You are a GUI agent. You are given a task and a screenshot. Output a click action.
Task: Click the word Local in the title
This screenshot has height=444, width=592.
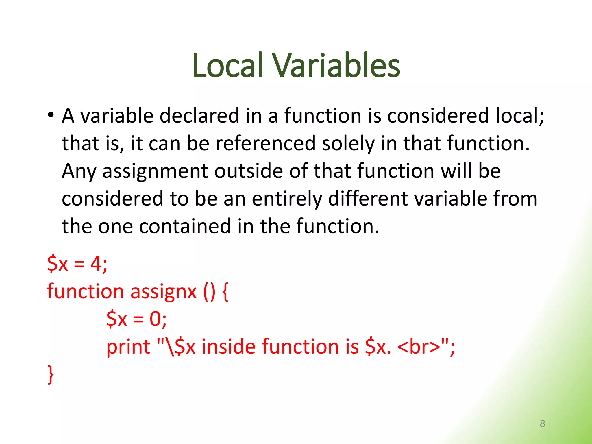pos(227,66)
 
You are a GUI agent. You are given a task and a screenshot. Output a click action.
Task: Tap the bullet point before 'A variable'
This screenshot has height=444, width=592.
pos(51,115)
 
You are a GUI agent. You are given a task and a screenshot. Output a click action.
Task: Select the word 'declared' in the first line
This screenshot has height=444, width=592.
pos(199,116)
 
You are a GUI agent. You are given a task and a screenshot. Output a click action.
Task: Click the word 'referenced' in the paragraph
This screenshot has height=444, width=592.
pos(265,143)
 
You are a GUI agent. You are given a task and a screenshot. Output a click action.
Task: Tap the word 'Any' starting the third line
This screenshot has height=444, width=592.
pos(79,171)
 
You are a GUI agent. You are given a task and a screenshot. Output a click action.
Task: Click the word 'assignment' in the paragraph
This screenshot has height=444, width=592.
pos(155,171)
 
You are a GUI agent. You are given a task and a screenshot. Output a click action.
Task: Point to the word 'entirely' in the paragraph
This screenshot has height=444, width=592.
pos(286,199)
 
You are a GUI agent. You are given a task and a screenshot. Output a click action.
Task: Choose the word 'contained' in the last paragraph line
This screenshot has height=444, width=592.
pos(185,226)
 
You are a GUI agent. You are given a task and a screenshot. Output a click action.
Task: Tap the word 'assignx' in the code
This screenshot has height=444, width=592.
pos(163,291)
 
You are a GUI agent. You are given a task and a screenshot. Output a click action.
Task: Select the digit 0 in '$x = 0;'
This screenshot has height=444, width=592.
pos(155,319)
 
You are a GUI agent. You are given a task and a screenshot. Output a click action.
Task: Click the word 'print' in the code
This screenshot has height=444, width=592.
pos(128,347)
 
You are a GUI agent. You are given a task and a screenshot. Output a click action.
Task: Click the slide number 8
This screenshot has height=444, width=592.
pos(542,424)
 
